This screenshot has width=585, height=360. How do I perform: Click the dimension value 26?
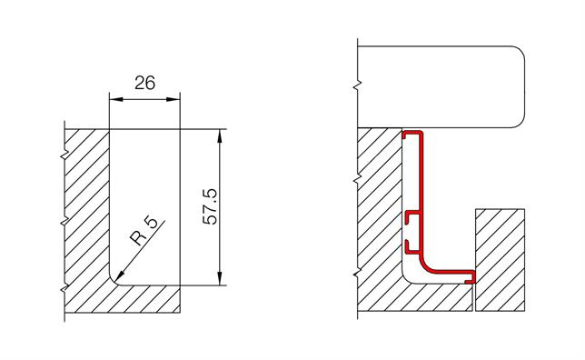(x=144, y=82)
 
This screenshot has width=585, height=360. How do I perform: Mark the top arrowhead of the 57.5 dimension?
(x=222, y=132)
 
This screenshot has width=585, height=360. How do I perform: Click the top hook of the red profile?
(x=413, y=134)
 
